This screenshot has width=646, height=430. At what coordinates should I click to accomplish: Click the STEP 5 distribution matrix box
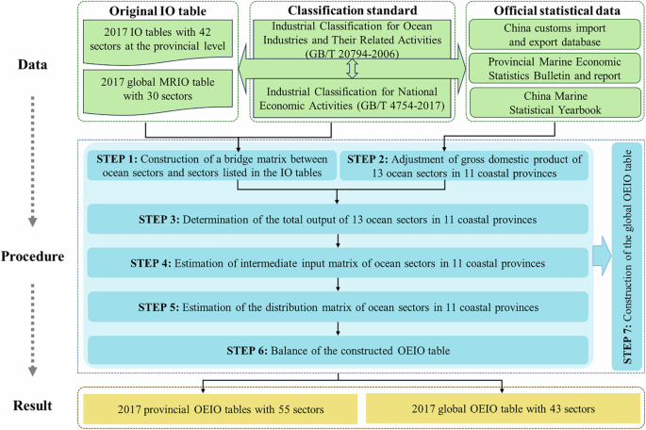[x=338, y=307]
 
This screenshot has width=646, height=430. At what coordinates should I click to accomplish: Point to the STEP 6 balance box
[x=338, y=350]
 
